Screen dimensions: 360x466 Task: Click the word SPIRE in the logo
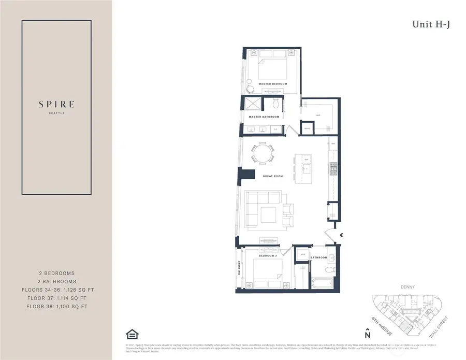56,104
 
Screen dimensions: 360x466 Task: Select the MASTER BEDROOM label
272,84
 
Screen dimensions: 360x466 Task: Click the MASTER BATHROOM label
264,117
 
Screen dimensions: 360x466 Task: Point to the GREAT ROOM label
272,176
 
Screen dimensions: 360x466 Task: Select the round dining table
262,153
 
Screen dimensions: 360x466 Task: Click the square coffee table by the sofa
268,214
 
